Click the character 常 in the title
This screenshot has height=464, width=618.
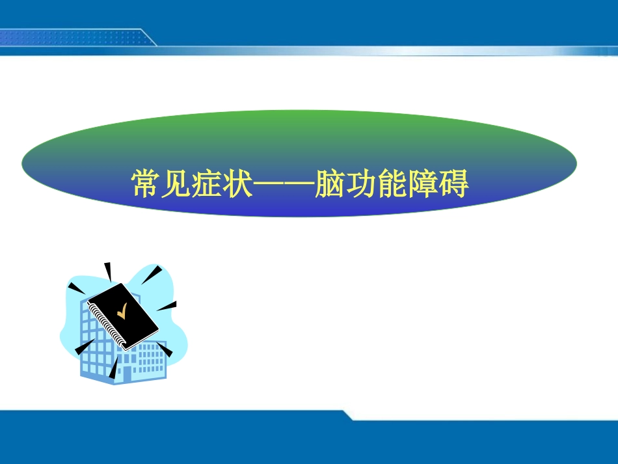(x=146, y=184)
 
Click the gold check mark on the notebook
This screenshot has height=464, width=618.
(x=122, y=314)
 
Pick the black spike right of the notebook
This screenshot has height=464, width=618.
(x=168, y=305)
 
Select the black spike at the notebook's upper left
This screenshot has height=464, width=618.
(x=76, y=287)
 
